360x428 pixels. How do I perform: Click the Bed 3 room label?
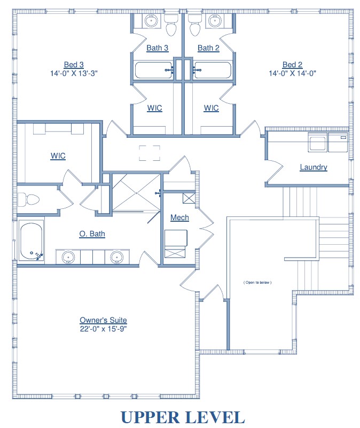[x=74, y=65]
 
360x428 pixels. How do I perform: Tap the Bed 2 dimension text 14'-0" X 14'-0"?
[x=292, y=73]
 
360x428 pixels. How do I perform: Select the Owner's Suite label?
[x=103, y=320]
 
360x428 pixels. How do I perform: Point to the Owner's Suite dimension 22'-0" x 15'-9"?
[x=103, y=329]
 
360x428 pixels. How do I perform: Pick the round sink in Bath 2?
[x=215, y=21]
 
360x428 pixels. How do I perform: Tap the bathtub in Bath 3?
[x=154, y=71]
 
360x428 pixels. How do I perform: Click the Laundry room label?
[x=314, y=167]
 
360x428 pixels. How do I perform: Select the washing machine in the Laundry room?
[x=317, y=142]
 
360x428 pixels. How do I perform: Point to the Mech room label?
[x=179, y=217]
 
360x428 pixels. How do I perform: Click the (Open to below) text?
[x=257, y=283]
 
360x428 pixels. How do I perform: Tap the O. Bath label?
[x=92, y=234]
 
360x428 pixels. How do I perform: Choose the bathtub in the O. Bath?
[x=31, y=242]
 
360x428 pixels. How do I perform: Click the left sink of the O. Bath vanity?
[x=68, y=257]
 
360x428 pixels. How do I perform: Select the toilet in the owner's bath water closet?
[x=28, y=199]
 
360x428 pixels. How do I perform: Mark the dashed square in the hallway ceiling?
[x=150, y=153]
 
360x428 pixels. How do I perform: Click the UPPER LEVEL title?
[x=183, y=418]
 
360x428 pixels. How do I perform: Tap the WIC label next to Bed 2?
[x=211, y=108]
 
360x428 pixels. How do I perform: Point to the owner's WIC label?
[x=58, y=156]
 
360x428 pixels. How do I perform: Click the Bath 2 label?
[x=208, y=48]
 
